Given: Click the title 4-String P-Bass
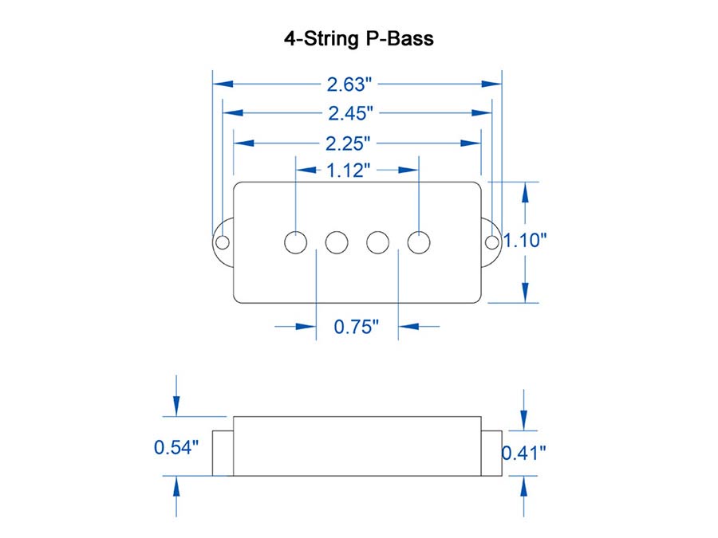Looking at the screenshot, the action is tap(358, 38).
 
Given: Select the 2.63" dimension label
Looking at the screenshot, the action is tap(349, 84).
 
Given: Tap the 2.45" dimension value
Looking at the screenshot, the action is tap(351, 113).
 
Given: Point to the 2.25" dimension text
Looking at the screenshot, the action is tap(348, 143).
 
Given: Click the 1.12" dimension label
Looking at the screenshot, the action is tap(348, 171).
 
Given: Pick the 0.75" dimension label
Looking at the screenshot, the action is tap(357, 327).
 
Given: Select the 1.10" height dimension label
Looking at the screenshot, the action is tap(525, 240).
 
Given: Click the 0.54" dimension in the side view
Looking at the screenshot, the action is tap(176, 447).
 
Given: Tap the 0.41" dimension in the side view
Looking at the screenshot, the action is tap(524, 453).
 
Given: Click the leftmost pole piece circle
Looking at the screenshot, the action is tap(295, 242).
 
